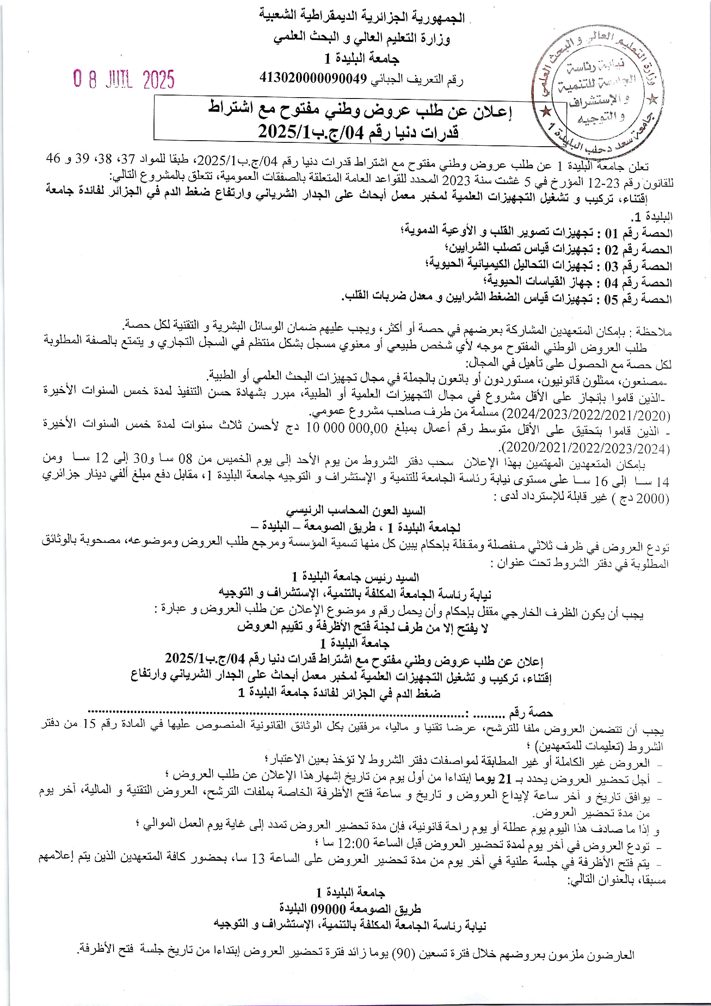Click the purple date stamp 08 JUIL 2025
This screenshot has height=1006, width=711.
124,80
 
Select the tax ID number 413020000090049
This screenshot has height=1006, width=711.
313,78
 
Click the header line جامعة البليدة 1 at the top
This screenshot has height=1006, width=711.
361,58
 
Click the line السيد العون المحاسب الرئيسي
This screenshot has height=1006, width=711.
355,511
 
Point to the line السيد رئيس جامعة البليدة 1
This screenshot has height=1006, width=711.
355,577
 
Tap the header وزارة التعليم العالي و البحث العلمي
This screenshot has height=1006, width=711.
361,39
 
